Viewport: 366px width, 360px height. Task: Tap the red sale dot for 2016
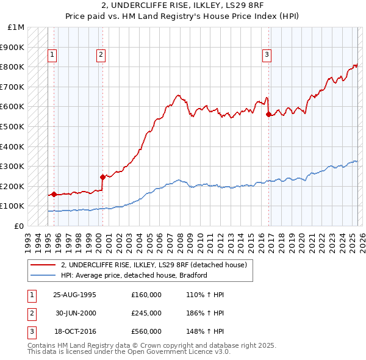pyautogui.click(x=269, y=113)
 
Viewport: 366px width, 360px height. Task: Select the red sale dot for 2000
pyautogui.click(x=103, y=177)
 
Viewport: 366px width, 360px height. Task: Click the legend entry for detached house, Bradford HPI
pyautogui.click(x=134, y=275)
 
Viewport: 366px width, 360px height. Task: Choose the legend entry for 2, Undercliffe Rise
pyautogui.click(x=153, y=265)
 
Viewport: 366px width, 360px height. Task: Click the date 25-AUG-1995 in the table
pyautogui.click(x=74, y=295)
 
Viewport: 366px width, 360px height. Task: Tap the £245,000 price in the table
pyautogui.click(x=146, y=313)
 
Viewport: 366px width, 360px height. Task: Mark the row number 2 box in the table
pyautogui.click(x=31, y=313)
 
